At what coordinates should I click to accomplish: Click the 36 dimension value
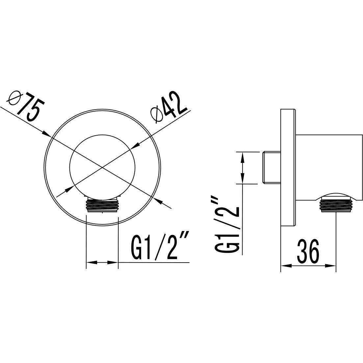pos(308,252)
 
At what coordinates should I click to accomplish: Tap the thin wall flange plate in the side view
pos(288,167)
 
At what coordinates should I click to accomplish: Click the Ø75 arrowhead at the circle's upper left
pos(46,134)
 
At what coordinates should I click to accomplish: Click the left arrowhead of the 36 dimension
pos(284,265)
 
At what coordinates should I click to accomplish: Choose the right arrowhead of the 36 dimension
pos(331,265)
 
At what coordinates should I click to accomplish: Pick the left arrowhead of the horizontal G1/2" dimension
pos(90,263)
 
